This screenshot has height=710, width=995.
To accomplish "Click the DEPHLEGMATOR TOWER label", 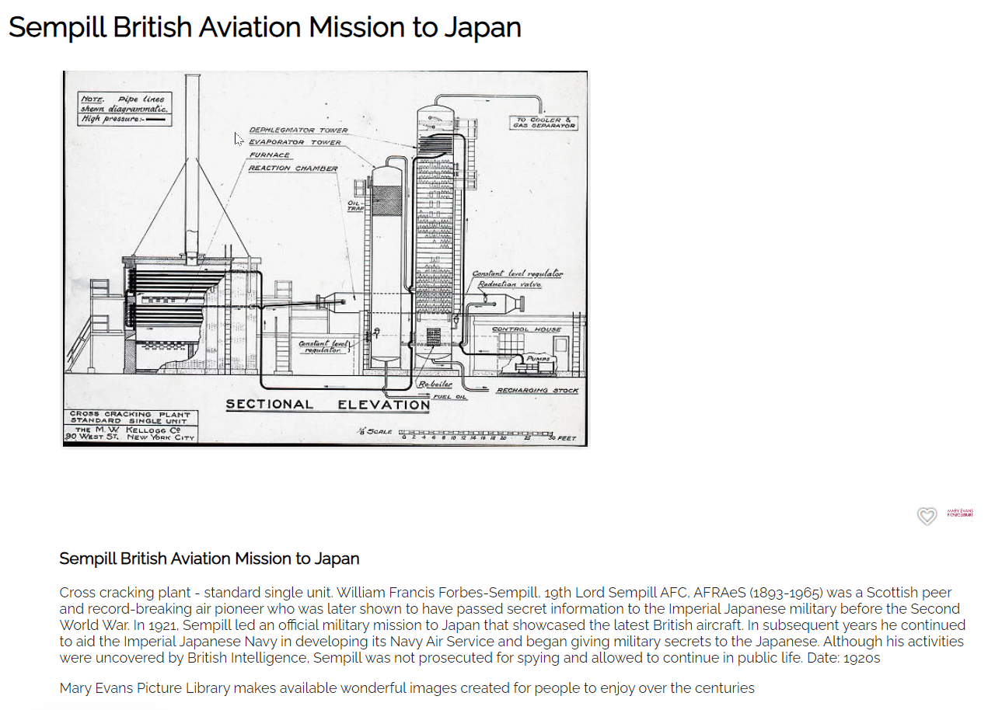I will click(298, 131).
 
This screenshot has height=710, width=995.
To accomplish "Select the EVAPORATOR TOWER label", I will click(295, 143).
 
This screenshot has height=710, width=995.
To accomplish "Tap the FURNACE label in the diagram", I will click(269, 155).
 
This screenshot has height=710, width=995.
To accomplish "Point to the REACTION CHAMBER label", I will click(293, 169).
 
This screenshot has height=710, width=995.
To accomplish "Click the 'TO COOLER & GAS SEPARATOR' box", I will click(543, 123).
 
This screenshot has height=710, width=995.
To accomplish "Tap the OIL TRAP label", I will click(356, 206).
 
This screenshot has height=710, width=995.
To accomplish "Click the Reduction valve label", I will click(509, 284).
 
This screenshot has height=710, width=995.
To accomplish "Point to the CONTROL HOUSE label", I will click(526, 329).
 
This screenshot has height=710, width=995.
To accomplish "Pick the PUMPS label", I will click(538, 359).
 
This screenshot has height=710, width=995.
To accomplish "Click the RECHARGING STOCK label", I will click(537, 390).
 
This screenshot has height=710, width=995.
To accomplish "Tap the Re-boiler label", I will click(435, 385).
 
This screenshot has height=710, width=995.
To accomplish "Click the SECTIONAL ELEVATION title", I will click(327, 405).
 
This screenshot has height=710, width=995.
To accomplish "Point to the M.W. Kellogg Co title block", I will click(129, 426).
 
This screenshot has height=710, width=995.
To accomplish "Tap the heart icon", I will click(927, 517).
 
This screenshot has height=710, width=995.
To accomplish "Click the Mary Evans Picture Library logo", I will click(960, 513).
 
